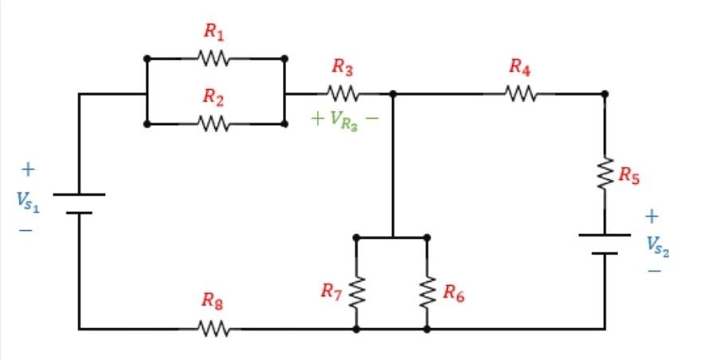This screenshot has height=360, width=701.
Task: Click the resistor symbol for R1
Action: (213, 59)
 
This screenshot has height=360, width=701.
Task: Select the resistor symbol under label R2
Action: (213, 124)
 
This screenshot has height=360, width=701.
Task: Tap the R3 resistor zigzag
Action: (343, 94)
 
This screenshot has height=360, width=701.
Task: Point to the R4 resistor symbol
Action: (520, 94)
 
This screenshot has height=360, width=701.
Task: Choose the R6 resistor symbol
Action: (427, 292)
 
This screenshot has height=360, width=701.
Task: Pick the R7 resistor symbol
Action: (356, 292)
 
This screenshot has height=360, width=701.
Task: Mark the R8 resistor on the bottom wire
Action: (213, 328)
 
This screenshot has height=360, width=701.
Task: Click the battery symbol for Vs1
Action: (79, 203)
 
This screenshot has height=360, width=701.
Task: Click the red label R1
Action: (213, 32)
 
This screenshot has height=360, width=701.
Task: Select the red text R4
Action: (520, 68)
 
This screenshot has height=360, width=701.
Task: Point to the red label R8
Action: (212, 301)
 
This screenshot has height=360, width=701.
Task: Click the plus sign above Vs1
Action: (29, 170)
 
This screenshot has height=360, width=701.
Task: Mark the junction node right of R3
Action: (393, 94)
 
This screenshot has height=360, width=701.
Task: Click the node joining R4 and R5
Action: (605, 94)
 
